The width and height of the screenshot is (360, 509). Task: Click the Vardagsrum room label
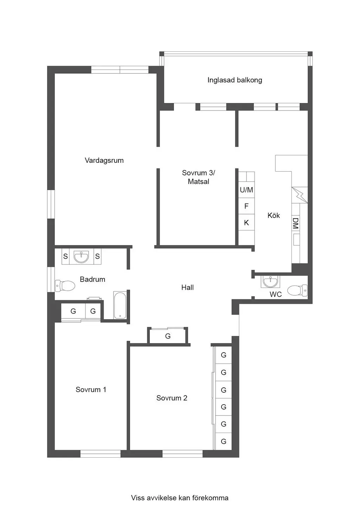point(104,160)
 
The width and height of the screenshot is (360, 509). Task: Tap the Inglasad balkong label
point(235,80)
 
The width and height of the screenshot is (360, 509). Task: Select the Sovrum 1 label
point(91,389)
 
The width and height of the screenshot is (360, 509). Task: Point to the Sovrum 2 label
point(172,398)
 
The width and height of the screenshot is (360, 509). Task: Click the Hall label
point(187,288)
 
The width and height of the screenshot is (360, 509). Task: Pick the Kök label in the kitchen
point(274,215)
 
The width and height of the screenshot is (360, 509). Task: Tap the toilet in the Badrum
point(65,286)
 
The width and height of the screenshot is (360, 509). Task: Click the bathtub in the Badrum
point(120,305)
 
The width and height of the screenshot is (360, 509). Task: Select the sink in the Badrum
point(81,257)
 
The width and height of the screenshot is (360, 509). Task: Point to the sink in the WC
point(270,281)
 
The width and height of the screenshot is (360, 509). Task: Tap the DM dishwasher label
point(295,223)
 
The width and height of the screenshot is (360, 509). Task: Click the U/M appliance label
point(246,190)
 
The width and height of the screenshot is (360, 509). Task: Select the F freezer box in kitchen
point(246,206)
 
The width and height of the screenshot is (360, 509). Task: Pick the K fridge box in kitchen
point(246,222)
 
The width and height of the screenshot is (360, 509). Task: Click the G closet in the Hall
point(168,336)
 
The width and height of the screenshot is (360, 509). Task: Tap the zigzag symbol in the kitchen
point(300,195)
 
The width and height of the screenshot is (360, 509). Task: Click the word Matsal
point(198,181)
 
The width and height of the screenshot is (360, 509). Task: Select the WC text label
point(276,295)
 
